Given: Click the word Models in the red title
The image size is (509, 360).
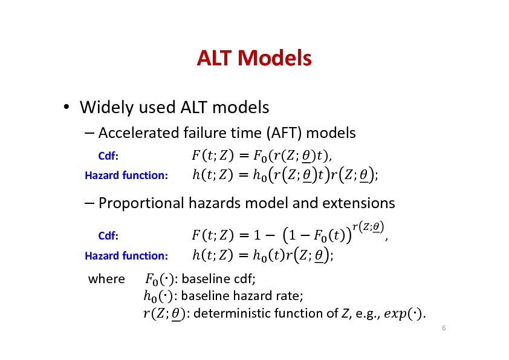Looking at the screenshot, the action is coord(274,58).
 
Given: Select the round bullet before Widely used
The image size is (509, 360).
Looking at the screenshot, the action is coord(66,106).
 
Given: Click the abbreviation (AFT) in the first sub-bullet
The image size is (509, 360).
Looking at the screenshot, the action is coord(284,133).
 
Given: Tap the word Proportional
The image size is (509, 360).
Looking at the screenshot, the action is coord(141,203).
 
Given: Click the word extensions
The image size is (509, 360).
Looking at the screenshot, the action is coord(358,203).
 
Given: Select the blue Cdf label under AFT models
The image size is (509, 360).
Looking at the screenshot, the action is coord(108,156).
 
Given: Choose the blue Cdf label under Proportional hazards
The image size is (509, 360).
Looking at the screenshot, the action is coord(108,235).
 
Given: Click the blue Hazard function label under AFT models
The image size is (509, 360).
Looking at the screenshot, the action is coord(126,175).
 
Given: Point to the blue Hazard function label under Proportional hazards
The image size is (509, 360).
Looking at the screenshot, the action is coord(126,256).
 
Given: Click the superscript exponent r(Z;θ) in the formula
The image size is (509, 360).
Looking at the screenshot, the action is coord(368,227).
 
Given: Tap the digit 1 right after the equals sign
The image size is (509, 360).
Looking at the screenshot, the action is coord(257,235).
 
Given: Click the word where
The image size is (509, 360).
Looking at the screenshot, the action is coord(106,279).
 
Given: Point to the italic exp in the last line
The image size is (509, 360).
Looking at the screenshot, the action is coord(395,314).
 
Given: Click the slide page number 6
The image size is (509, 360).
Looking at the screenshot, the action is coord(444,328).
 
